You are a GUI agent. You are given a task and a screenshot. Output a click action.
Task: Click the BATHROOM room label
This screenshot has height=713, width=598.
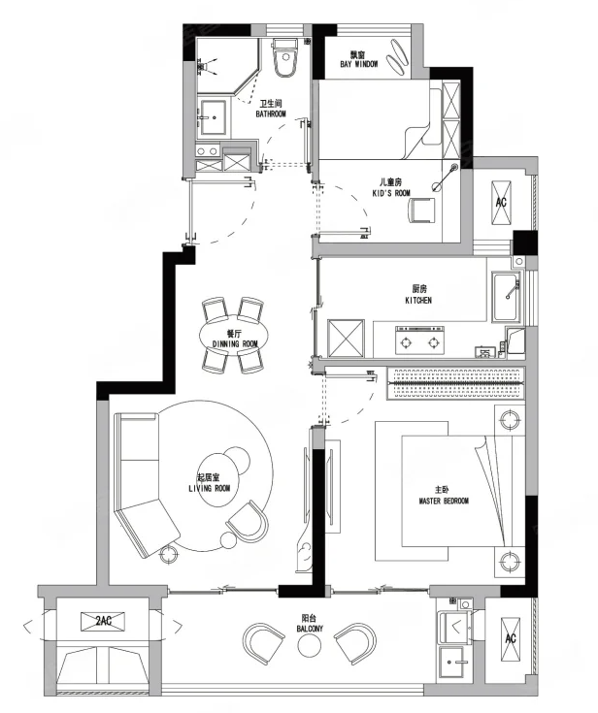tap(271, 113)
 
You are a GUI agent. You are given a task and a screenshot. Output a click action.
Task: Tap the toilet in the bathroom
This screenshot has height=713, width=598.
tap(285, 57)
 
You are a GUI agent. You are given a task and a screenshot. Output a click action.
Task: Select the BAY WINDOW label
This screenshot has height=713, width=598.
tap(359, 64)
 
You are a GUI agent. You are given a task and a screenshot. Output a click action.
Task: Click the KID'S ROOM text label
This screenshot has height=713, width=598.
tap(391, 193)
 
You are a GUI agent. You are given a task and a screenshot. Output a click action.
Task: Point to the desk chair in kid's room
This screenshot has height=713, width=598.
tap(421, 211)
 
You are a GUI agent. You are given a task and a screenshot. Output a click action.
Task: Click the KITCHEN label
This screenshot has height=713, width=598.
tap(418, 300)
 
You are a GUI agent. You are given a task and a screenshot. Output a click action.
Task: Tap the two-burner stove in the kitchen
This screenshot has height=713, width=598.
tap(420, 340)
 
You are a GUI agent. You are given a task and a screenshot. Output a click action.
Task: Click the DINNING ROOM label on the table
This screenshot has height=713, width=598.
tap(235, 343)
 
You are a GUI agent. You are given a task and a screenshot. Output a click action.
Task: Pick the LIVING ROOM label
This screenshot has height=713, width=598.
tap(210, 488)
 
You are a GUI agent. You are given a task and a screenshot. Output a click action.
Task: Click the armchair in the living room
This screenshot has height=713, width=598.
tap(248, 522)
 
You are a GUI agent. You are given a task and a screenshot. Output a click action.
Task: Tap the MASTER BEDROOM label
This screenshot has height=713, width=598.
tap(444, 502)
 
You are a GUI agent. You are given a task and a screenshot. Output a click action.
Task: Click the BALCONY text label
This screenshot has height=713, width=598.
tap(310, 629)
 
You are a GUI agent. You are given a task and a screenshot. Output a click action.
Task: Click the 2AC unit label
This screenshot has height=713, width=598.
tap(103, 621)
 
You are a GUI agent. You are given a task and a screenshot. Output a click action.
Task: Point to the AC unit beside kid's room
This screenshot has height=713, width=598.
tap(501, 203)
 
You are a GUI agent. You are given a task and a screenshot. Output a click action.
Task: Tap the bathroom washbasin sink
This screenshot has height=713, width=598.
tap(214, 117)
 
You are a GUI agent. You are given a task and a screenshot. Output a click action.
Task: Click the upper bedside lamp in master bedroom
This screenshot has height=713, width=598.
tap(509, 419)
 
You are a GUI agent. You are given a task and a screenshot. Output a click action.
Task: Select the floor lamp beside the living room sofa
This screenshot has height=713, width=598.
tap(169, 554)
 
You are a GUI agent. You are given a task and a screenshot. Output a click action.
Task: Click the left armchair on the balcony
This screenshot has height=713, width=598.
tap(264, 640)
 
